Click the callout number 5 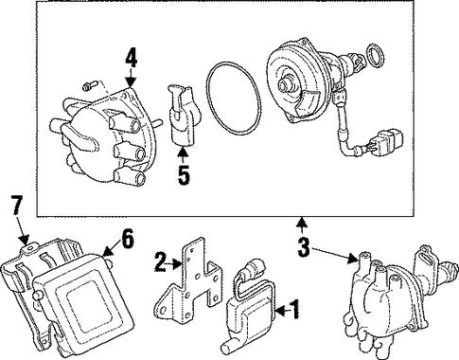184,175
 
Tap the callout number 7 17,205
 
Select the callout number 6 128,239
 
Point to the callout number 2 161,261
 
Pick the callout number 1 294,310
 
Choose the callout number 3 304,247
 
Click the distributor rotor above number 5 184,116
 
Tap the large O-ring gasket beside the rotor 234,99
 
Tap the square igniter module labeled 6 83,298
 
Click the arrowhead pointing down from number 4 131,82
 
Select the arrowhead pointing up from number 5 184,153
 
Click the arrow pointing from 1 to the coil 282,311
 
